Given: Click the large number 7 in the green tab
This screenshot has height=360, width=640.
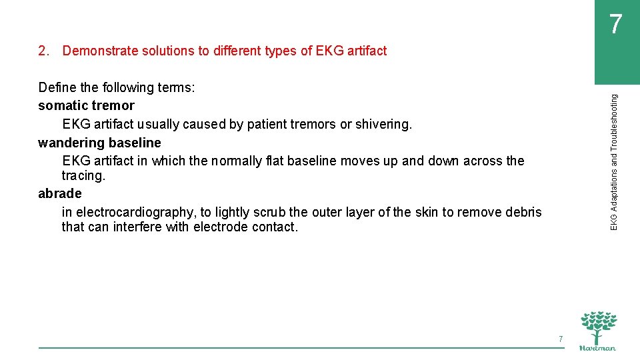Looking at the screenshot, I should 616,25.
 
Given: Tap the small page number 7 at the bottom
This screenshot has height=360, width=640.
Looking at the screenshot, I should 561,339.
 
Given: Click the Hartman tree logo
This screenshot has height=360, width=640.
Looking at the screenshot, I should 598,330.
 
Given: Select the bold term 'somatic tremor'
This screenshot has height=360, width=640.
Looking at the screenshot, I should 86,105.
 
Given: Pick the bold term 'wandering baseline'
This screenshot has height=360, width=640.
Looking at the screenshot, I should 99,143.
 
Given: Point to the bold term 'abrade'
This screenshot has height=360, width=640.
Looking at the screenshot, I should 60,193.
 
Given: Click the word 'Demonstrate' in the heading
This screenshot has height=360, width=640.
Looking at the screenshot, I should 98,51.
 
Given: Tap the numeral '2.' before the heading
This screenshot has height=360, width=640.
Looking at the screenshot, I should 44,51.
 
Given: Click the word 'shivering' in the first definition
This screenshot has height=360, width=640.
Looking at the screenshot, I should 385,124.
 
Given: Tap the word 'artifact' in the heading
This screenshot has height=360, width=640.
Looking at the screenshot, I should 365,51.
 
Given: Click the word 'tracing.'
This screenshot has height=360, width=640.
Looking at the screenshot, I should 83,175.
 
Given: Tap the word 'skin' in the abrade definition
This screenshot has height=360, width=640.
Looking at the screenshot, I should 427,212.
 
